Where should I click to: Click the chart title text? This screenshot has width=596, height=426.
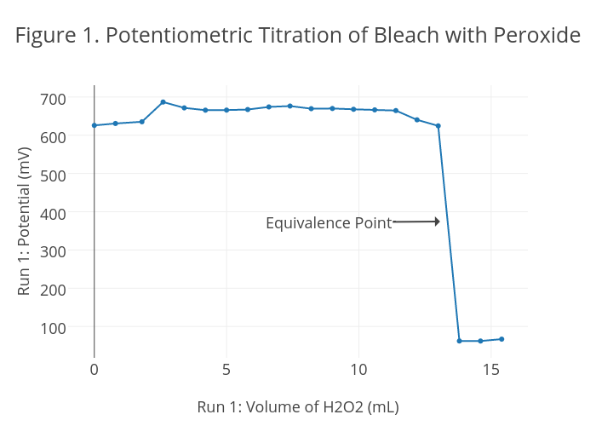pyautogui.click(x=298, y=36)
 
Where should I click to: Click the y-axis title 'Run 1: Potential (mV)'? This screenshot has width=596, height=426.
pyautogui.click(x=24, y=222)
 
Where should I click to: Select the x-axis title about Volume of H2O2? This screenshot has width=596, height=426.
pyautogui.click(x=298, y=406)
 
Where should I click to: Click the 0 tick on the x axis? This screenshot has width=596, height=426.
pyautogui.click(x=95, y=370)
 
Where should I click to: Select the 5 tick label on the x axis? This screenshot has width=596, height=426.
pyautogui.click(x=226, y=370)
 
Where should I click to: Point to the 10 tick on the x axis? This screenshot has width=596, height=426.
pyautogui.click(x=358, y=370)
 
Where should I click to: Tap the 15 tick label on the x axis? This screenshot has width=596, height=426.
pyautogui.click(x=490, y=370)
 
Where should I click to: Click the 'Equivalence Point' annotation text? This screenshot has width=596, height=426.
pyautogui.click(x=329, y=223)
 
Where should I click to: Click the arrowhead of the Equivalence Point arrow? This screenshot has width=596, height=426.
pyautogui.click(x=437, y=222)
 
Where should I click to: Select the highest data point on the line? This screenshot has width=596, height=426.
pyautogui.click(x=163, y=102)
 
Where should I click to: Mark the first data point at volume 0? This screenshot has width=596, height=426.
pyautogui.click(x=95, y=125)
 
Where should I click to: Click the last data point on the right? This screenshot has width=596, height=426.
pyautogui.click(x=501, y=339)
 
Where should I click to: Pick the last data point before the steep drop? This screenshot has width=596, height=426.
pyautogui.click(x=438, y=126)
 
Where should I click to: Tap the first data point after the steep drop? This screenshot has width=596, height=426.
pyautogui.click(x=459, y=341)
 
